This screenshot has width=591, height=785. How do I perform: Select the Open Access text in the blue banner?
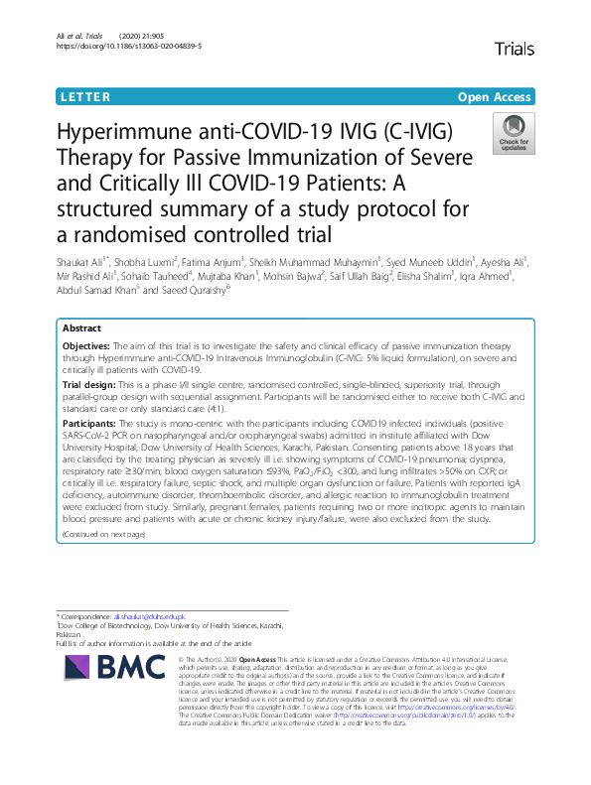(496, 97)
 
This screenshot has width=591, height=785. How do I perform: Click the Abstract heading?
(82, 327)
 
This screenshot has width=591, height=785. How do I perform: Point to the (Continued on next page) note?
(103, 534)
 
